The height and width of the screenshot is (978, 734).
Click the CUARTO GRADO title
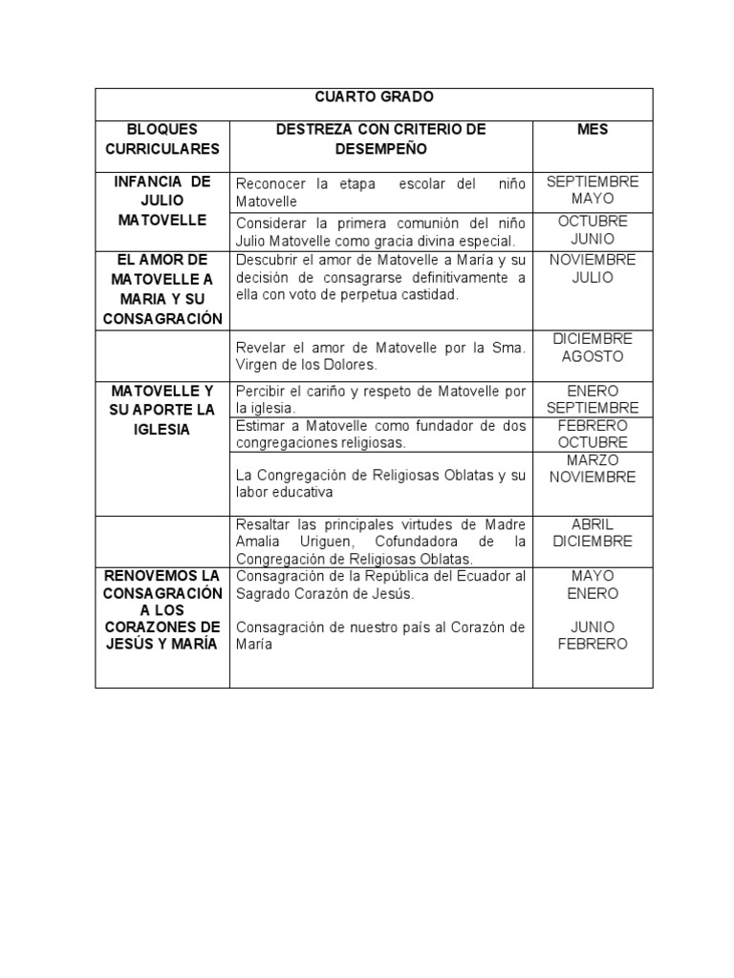click(x=374, y=97)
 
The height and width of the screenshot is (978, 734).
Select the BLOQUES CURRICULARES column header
click(x=162, y=138)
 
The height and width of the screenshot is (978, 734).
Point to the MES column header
click(x=593, y=129)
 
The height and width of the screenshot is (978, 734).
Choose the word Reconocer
click(x=269, y=184)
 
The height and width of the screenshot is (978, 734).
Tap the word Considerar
click(x=271, y=223)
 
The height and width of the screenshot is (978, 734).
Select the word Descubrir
click(x=267, y=261)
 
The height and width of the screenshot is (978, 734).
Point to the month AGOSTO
click(x=593, y=356)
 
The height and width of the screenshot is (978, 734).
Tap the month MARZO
click(x=593, y=460)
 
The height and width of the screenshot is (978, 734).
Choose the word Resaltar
click(x=265, y=524)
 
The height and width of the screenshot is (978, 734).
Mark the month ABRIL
click(x=593, y=524)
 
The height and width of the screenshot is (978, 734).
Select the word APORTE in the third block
click(x=161, y=410)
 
